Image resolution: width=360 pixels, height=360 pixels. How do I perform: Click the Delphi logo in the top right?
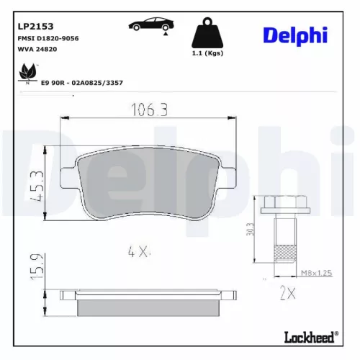296,35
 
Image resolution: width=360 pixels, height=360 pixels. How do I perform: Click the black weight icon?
207,32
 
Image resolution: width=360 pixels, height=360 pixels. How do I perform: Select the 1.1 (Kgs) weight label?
207,54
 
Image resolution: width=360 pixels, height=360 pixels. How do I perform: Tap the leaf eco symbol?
28,74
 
